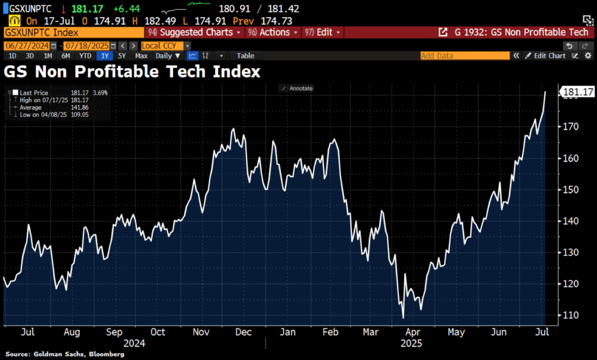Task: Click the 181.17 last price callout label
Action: pyautogui.click(x=577, y=92)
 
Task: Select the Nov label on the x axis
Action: pyautogui.click(x=201, y=331)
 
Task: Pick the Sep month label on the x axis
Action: pyautogui.click(x=114, y=331)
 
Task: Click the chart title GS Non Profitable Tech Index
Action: pyautogui.click(x=132, y=72)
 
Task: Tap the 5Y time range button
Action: pyautogui.click(x=121, y=56)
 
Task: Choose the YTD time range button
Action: pyautogui.click(x=85, y=56)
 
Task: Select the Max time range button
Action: pyautogui.click(x=141, y=56)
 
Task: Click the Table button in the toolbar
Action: pyautogui.click(x=245, y=56)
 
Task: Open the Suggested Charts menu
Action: pyautogui.click(x=195, y=33)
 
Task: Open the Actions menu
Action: pyautogui.click(x=273, y=33)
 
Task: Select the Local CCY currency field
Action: pyautogui.click(x=162, y=46)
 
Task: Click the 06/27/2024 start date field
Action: pyautogui.click(x=26, y=46)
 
